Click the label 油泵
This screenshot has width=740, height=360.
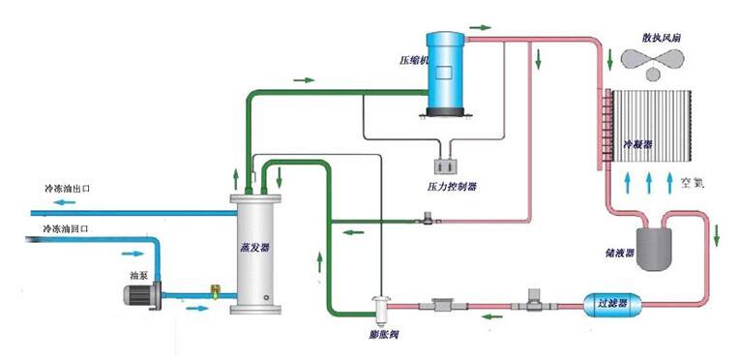(x=138, y=275)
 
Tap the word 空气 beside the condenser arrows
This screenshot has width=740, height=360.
(x=695, y=183)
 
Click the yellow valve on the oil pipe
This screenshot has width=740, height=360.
(x=216, y=289)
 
